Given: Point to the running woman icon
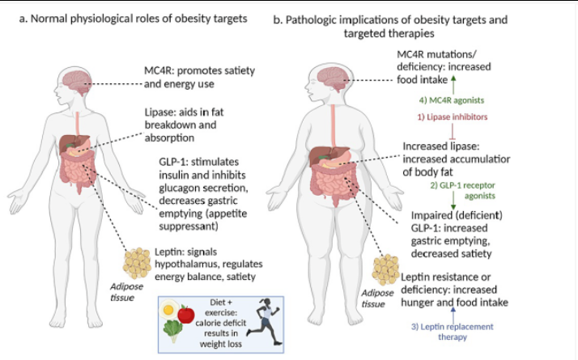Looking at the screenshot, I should coord(265,318).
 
